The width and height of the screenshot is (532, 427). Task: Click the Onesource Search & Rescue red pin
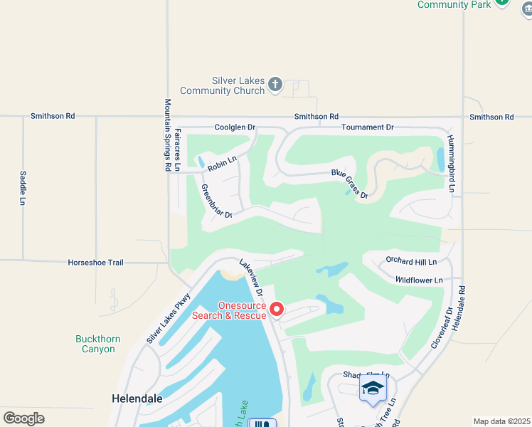[277, 310]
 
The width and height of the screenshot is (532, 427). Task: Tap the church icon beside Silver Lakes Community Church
[275, 85]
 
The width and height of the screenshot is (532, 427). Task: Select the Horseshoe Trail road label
[95, 263]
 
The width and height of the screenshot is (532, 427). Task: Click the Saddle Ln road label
[23, 188]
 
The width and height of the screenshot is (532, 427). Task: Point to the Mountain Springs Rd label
[168, 135]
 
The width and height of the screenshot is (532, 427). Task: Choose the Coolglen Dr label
[235, 127]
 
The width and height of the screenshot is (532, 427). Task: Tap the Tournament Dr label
[367, 127]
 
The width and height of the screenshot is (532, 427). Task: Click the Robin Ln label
[221, 164]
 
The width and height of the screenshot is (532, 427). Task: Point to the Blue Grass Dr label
[349, 184]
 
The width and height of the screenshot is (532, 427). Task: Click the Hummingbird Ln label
[450, 164]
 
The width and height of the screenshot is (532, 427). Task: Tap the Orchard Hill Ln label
[411, 261]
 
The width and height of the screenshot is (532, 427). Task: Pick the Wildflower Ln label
[419, 280]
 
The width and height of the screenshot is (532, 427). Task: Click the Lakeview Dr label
[251, 277]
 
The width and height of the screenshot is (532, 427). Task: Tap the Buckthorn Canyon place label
[95, 344]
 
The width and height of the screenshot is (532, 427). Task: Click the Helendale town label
[134, 399]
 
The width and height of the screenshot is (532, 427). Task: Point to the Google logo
[23, 418]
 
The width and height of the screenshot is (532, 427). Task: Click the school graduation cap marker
[373, 389]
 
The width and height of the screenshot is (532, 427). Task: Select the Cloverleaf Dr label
[441, 328]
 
